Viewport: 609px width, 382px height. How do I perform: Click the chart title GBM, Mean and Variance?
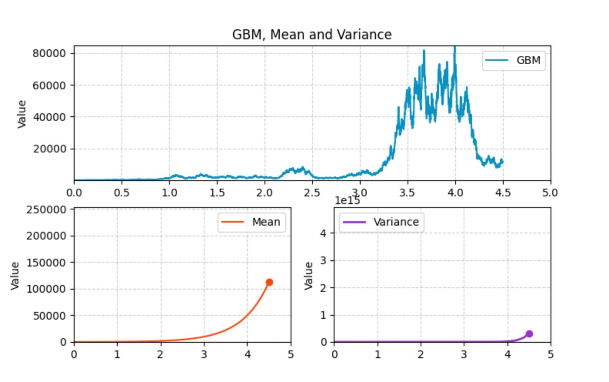[x=312, y=35]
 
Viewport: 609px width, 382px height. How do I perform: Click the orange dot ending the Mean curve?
[x=269, y=282]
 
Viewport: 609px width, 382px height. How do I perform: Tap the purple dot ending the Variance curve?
[x=529, y=334]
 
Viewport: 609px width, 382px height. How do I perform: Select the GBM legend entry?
[x=513, y=60]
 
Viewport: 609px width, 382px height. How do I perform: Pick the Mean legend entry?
[x=251, y=222]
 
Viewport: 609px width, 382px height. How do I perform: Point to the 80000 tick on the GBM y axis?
[x=49, y=53]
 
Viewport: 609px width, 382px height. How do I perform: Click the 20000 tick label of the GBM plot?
[x=49, y=149]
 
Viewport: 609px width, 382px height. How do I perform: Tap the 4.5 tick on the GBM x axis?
[x=503, y=192]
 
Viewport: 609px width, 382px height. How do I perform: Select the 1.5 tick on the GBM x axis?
[x=217, y=192]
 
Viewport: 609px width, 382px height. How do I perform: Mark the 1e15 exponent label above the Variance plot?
[x=347, y=201]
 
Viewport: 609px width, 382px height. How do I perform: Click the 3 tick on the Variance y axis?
[x=323, y=260]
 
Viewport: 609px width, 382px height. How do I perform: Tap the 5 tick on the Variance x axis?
[x=551, y=354]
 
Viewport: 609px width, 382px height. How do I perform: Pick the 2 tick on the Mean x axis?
[x=160, y=354]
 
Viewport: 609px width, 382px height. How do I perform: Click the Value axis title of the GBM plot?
[x=22, y=114]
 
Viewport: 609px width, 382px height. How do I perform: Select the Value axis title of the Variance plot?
[x=308, y=275]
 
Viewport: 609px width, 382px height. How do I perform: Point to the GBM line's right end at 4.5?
[x=502, y=162]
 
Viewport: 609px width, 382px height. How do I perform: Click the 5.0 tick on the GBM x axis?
[x=550, y=192]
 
